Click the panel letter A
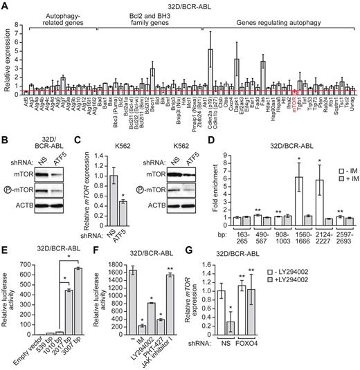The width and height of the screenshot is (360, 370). pyautogui.click(x=5, y=6)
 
